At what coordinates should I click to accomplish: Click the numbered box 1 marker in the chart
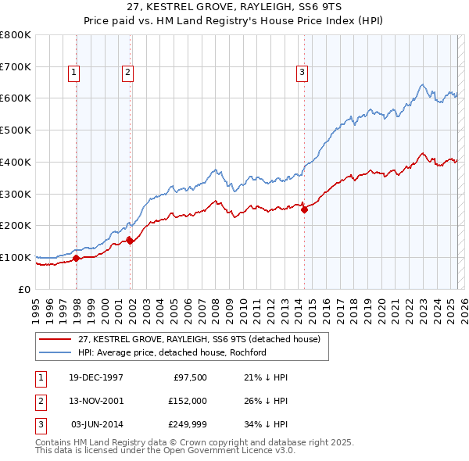[73, 73]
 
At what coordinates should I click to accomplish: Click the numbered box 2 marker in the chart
[127, 73]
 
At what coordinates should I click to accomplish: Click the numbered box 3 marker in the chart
[302, 73]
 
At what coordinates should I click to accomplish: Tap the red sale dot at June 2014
[304, 209]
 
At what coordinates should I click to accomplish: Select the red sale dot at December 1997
[77, 258]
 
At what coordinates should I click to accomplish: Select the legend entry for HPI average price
[172, 352]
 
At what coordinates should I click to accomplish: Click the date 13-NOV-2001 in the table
[97, 400]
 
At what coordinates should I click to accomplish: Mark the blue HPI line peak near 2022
[421, 84]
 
